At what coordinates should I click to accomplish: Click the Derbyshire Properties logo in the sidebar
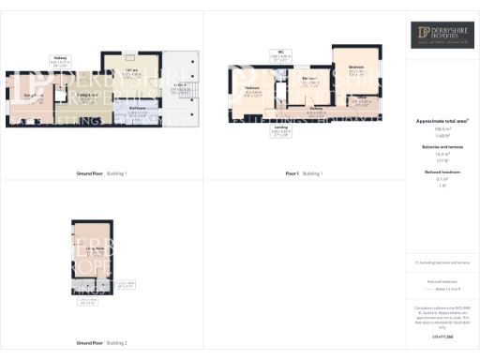click(442, 36)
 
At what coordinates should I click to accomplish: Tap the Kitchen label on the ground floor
click(132, 72)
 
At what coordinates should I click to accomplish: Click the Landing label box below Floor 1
click(280, 132)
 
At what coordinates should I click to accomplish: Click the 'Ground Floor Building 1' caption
click(101, 173)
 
